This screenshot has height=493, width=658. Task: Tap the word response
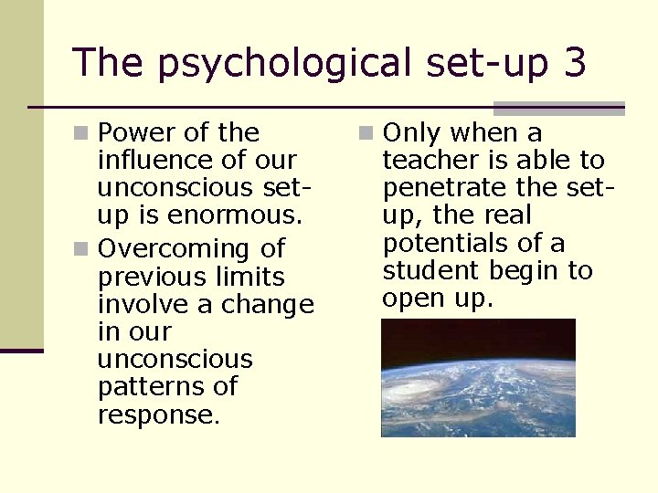pyautogui.click(x=157, y=415)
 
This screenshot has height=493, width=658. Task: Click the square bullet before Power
pyautogui.click(x=81, y=134)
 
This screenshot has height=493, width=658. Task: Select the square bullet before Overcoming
pyautogui.click(x=81, y=249)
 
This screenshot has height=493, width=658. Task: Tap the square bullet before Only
pyautogui.click(x=366, y=134)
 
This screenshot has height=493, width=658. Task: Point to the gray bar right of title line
pyautogui.click(x=558, y=108)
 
